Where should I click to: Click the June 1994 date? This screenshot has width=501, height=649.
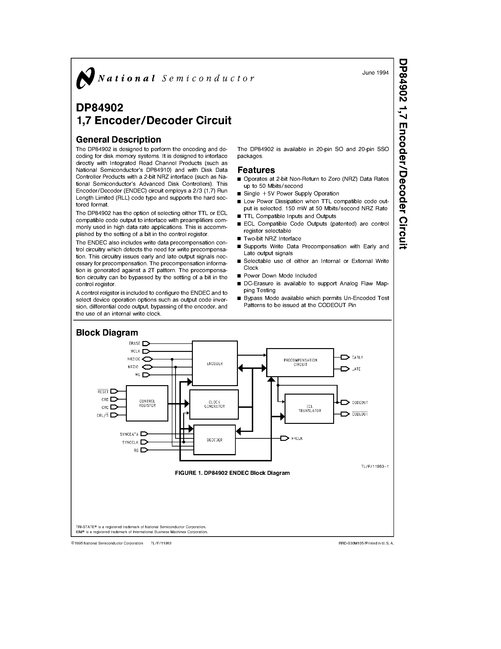(375, 73)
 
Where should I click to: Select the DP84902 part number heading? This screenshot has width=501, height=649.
(99, 108)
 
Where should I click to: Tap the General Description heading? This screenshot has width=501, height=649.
(118, 139)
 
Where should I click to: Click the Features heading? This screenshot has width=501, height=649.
(256, 170)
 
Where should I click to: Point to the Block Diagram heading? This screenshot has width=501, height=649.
(107, 332)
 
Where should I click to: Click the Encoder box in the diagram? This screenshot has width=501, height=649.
(215, 363)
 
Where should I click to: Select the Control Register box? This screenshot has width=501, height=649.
(147, 403)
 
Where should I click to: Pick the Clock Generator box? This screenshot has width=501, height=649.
(214, 404)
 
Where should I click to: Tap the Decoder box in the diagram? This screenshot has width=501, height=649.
(214, 440)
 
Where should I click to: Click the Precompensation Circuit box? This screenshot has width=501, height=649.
(300, 362)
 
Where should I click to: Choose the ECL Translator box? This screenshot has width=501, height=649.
(309, 409)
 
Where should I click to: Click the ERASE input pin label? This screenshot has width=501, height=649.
(134, 344)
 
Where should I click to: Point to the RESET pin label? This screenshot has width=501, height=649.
(103, 392)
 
